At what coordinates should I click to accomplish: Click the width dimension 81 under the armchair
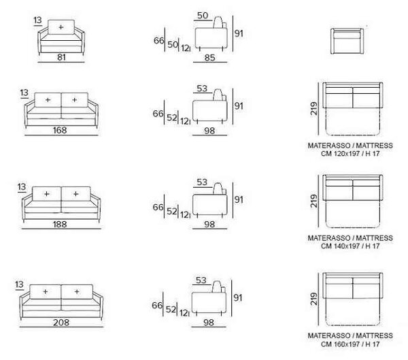click(61, 57)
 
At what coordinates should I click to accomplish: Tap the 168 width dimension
click(60, 130)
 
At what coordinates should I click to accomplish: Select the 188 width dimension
click(60, 224)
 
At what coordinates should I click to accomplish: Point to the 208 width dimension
click(61, 323)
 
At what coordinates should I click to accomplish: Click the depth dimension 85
click(209, 58)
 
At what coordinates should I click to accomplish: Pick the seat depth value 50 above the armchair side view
click(203, 16)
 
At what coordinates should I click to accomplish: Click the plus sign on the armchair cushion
click(61, 27)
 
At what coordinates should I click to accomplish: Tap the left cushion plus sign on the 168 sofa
click(48, 100)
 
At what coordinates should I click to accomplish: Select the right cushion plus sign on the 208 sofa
click(77, 291)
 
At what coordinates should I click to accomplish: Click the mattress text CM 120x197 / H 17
click(350, 154)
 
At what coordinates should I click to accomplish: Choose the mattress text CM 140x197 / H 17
click(350, 246)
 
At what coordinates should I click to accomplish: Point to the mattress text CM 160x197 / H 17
click(350, 344)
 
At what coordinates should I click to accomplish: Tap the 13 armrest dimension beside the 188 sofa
click(22, 186)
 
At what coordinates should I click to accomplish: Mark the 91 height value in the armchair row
click(239, 33)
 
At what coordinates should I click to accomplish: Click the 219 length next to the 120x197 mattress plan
click(314, 108)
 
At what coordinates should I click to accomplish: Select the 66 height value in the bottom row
click(157, 305)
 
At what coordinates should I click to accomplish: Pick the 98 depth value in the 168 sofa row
click(209, 131)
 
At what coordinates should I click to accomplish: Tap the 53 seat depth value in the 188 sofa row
click(202, 182)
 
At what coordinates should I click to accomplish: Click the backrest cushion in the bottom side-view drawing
click(218, 287)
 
